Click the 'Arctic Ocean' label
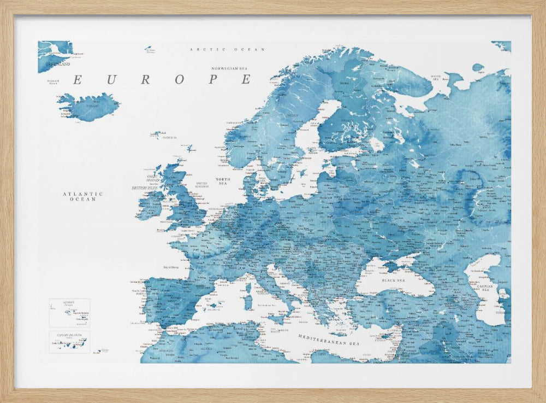pyautogui.click(x=227, y=49)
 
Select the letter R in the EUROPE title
pyautogui.click(x=145, y=80)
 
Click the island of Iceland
pyautogui.click(x=90, y=107)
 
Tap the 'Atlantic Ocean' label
pyautogui.click(x=83, y=196)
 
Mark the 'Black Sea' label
pyautogui.click(x=393, y=280)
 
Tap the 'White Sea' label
pyautogui.click(x=436, y=78)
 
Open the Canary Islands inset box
pyautogui.click(x=69, y=342)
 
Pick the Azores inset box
pyautogui.click(x=69, y=312)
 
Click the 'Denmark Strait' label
pyautogui.click(x=54, y=83)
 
